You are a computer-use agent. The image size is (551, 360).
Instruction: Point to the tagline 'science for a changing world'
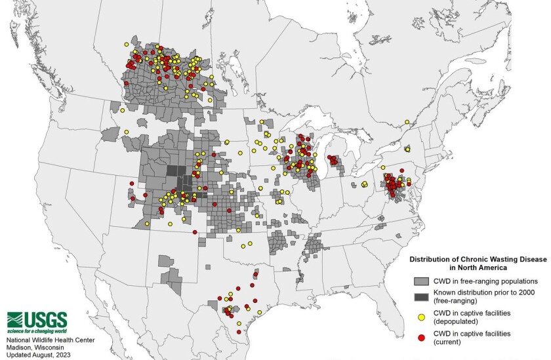(x=37, y=330)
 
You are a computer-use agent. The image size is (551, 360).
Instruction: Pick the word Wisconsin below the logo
(x=56, y=347)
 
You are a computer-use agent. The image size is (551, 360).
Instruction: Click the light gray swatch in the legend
(x=420, y=281)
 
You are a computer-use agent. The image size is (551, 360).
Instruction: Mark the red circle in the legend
(x=420, y=337)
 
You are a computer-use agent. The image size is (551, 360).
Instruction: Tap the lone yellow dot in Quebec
(x=407, y=121)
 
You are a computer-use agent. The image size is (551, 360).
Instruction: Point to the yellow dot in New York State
(x=407, y=149)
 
